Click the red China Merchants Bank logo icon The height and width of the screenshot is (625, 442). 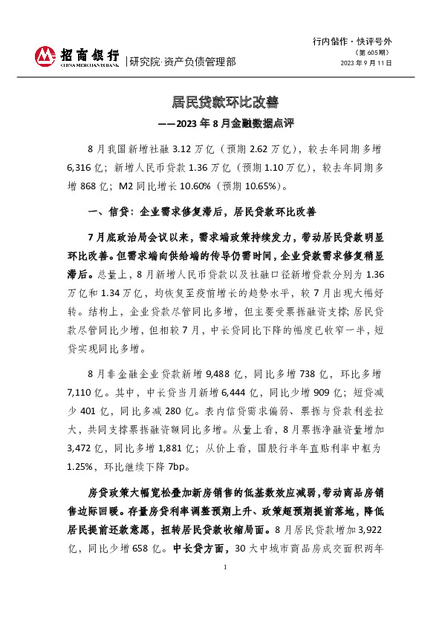pyautogui.click(x=45, y=56)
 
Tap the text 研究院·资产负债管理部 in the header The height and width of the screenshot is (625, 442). pyautogui.click(x=183, y=62)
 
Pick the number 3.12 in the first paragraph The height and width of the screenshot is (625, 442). pyautogui.click(x=182, y=148)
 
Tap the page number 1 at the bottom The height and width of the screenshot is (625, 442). pyautogui.click(x=224, y=608)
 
